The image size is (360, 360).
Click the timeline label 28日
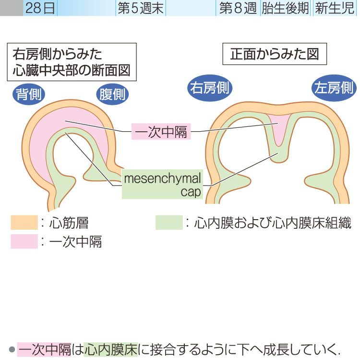coord(40,9)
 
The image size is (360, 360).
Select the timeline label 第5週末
coord(141,9)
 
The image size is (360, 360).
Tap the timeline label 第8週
coord(238,9)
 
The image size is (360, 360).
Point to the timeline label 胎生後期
coord(285,9)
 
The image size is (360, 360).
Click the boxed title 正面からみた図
coord(275,54)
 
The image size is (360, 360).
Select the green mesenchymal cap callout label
coord(162,185)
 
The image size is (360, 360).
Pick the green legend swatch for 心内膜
coord(169,223)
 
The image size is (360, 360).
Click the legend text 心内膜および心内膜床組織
coord(272,223)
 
